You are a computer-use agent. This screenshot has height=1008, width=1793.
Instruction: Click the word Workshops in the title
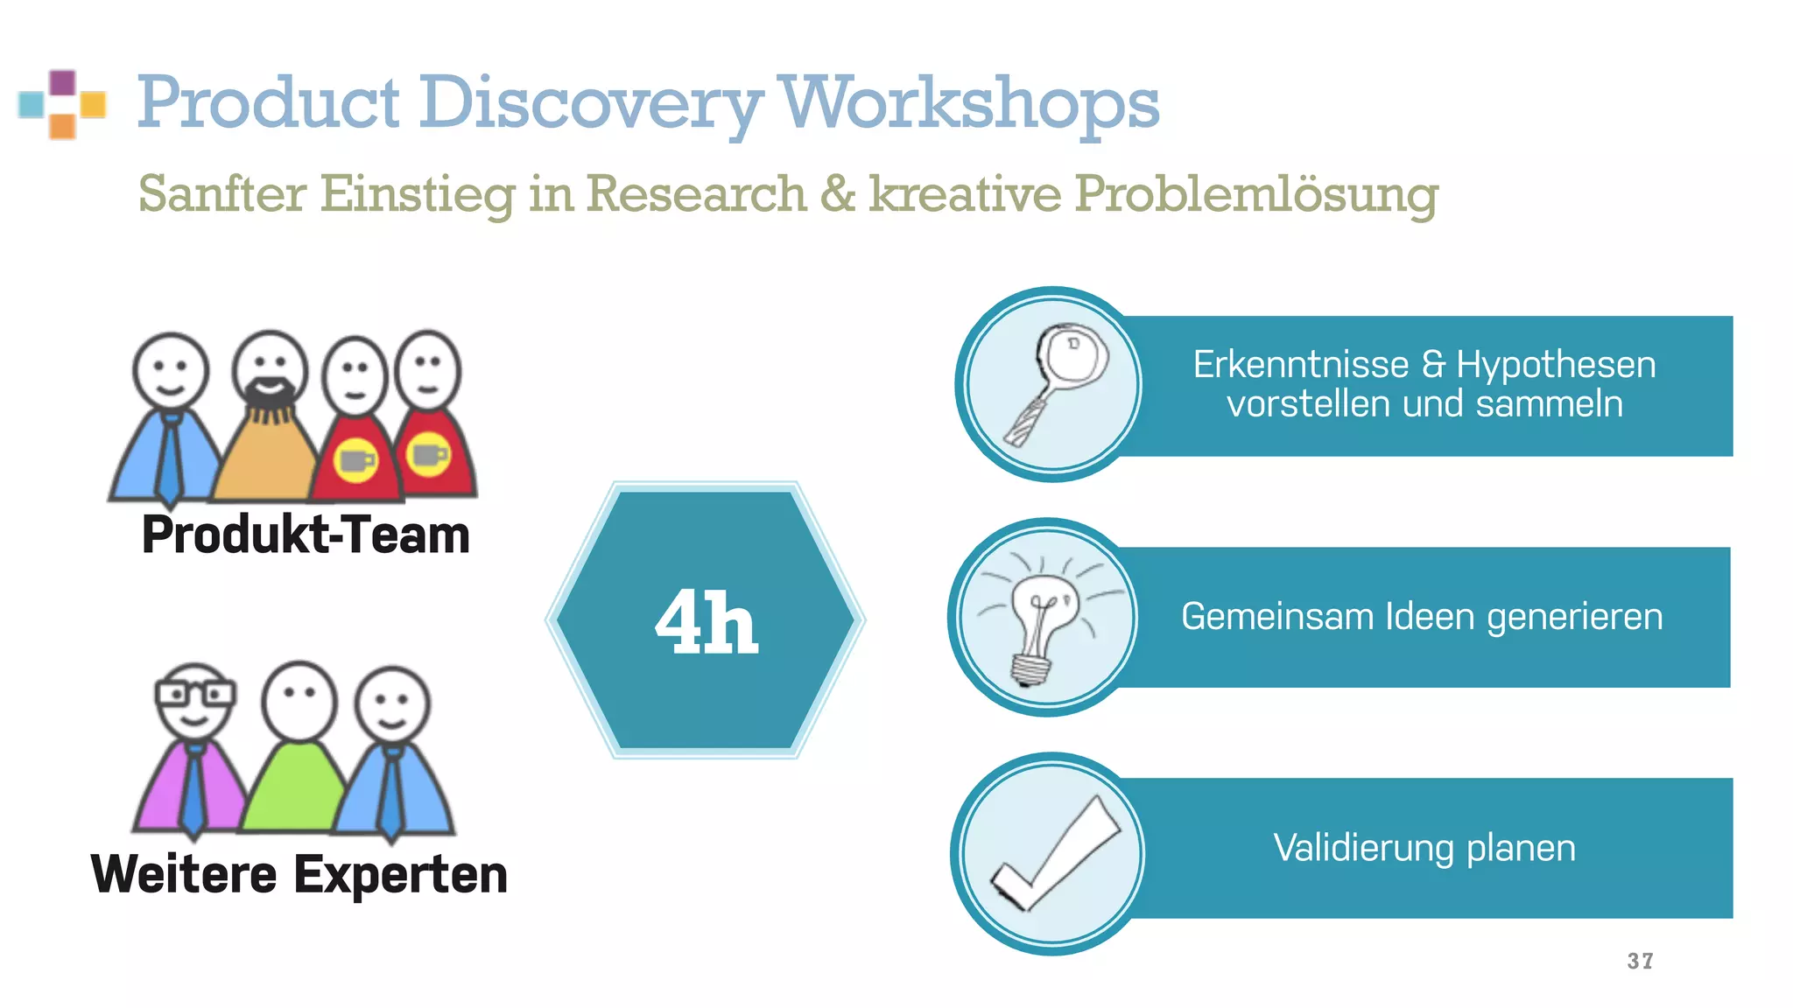pos(968,103)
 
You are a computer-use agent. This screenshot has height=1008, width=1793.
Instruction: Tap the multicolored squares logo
pos(62,104)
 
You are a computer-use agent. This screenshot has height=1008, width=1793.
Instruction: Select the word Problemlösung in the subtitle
pos(1255,193)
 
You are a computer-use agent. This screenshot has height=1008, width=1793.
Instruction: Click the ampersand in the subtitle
pos(837,193)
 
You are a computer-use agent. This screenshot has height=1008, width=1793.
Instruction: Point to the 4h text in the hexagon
pos(707,621)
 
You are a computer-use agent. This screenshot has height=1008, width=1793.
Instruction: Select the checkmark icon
pos(1054,854)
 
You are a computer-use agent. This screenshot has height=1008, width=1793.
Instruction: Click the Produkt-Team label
pos(306,535)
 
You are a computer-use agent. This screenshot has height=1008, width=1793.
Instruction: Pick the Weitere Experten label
pos(299,874)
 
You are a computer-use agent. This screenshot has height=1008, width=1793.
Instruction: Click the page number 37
pos(1640,961)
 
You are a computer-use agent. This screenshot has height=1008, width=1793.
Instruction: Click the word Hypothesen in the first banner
pos(1556,364)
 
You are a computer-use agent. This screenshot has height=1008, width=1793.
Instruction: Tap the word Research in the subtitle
pos(696,193)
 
